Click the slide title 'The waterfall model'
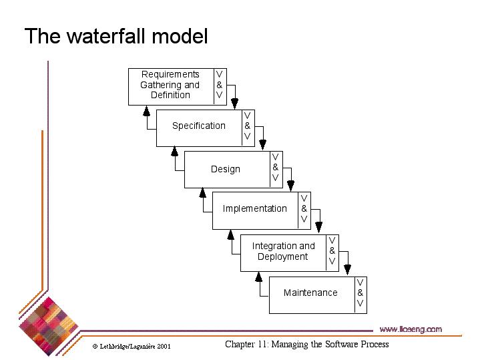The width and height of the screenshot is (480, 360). coord(116,36)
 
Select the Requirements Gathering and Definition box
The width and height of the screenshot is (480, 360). coord(170,85)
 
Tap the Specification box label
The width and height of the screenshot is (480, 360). coord(199,126)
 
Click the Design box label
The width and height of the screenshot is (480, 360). coord(226,169)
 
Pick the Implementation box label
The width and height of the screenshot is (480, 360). coord(255,209)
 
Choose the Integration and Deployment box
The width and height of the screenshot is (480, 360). coord(283,252)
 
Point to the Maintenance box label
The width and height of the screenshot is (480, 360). coord(310,293)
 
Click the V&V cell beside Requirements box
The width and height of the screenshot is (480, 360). coord(219,85)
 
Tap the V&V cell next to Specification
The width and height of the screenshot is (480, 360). coord(247,126)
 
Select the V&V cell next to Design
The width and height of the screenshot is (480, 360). coord(275,168)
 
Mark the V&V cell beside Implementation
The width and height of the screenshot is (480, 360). coord(304,209)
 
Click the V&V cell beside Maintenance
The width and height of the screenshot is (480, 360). coord(361,293)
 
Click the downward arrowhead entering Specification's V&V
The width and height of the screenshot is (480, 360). coord(234,104)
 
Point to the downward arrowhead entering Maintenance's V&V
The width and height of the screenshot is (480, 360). coord(347,270)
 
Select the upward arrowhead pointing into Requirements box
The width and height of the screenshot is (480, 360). coord(146,110)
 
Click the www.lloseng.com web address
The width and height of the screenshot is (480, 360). coord(411,329)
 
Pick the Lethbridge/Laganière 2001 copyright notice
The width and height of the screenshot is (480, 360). coord(132,347)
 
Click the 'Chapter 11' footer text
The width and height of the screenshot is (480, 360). coord(306,345)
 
